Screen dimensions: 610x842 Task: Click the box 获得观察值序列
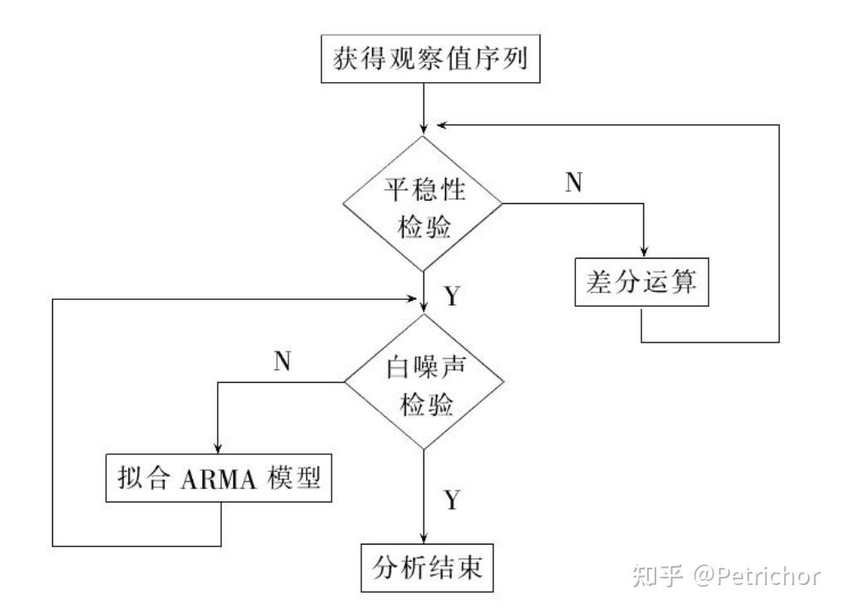(423, 61)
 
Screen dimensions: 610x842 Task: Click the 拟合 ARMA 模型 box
(218, 479)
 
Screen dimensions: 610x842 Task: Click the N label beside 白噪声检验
(281, 362)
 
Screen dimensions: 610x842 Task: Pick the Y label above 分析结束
(452, 500)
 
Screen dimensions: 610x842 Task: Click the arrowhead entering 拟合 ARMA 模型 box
(218, 448)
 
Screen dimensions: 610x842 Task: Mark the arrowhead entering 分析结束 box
(424, 539)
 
